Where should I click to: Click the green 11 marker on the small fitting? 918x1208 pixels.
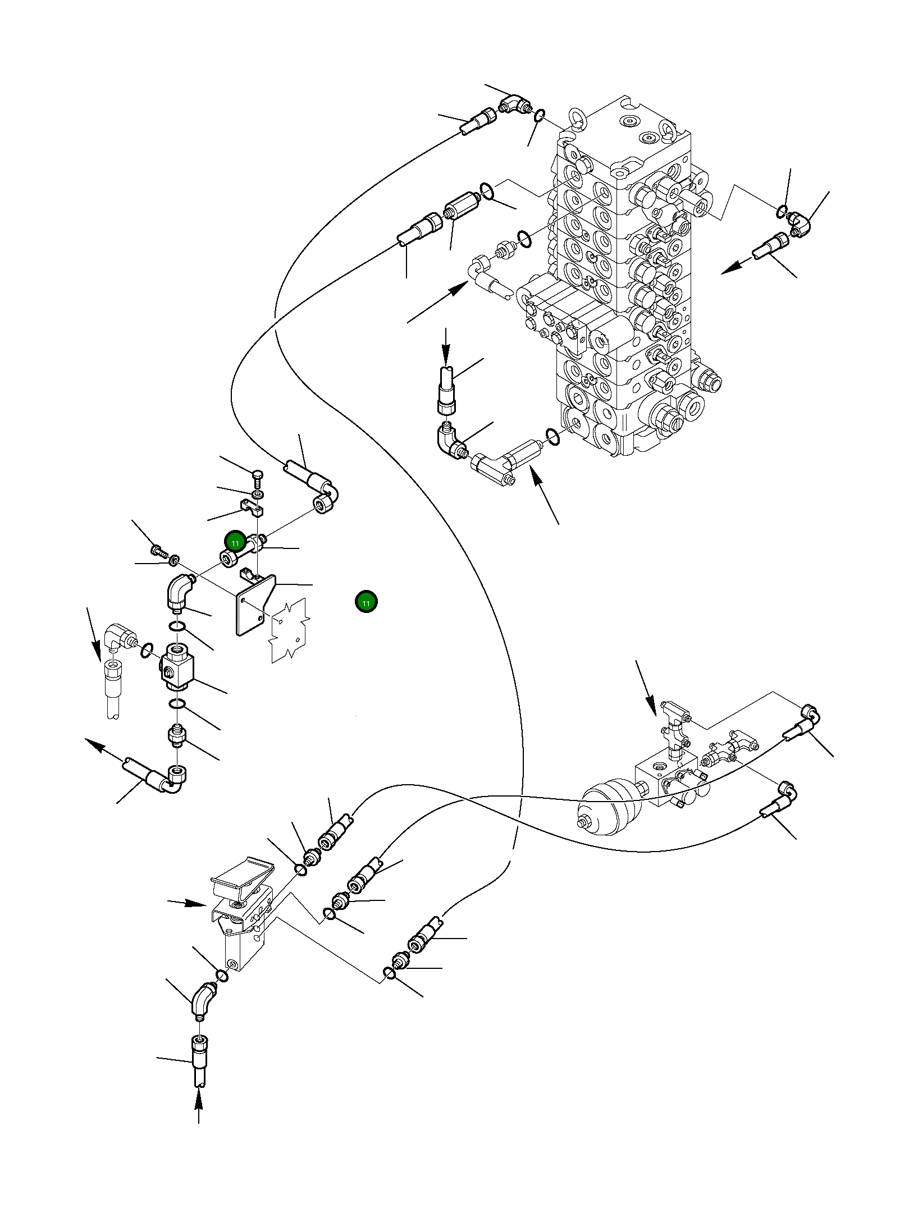(x=235, y=542)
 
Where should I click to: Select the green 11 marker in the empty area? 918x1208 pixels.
(x=366, y=602)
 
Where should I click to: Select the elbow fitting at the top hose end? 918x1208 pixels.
(x=514, y=103)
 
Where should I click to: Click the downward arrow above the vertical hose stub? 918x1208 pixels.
(x=446, y=346)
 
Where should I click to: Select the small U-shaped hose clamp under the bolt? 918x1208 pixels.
(x=253, y=507)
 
